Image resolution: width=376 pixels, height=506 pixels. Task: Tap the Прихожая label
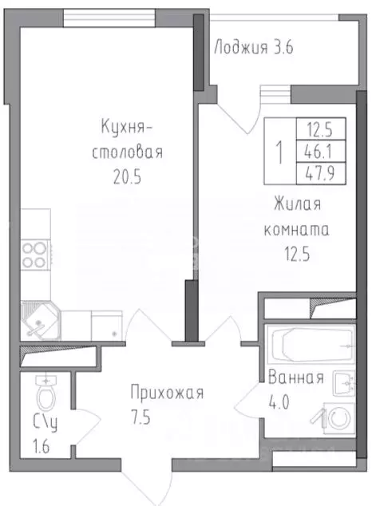[x=168, y=393]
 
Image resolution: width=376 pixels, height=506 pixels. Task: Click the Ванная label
[x=296, y=378]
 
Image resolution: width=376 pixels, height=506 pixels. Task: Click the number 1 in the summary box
[x=278, y=149]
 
